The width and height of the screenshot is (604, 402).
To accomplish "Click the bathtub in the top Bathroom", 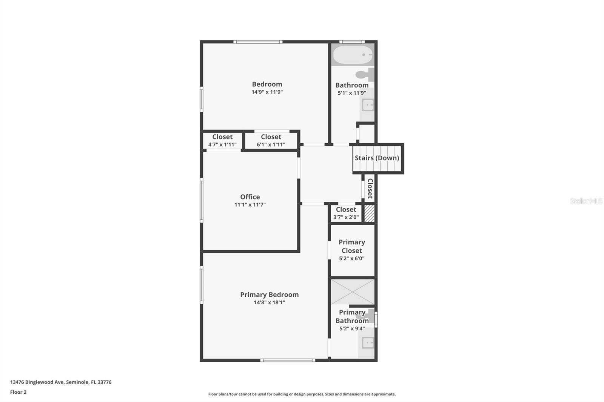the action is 353,55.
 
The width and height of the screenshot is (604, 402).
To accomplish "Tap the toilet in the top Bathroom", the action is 365,75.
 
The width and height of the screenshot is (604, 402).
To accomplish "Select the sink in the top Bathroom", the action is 368,105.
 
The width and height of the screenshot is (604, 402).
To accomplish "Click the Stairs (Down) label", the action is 377,158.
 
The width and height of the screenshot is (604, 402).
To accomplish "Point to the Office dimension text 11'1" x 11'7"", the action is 250,205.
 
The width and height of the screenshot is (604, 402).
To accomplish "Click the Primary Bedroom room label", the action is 270,295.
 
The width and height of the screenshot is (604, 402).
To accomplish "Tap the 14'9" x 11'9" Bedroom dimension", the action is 267,92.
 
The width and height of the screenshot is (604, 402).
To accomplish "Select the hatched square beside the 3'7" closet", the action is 370,214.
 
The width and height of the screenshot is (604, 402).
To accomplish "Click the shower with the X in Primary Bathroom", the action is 353,292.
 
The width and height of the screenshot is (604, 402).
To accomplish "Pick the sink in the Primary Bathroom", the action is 368,343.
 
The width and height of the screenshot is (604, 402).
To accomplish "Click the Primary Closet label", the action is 352,246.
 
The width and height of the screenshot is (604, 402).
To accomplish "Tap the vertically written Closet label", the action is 370,188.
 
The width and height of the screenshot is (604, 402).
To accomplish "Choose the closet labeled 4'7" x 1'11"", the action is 222,140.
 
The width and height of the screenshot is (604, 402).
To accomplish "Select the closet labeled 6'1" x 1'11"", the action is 271,140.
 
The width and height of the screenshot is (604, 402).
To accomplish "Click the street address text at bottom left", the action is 61,382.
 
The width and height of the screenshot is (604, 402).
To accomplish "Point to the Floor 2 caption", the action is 18,392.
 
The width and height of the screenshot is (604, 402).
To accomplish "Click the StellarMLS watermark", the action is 586,201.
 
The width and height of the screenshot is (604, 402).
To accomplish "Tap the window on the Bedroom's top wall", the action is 258,42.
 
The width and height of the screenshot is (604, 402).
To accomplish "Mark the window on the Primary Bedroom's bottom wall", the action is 288,360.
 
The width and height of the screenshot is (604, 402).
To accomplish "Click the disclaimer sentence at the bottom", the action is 302,394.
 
